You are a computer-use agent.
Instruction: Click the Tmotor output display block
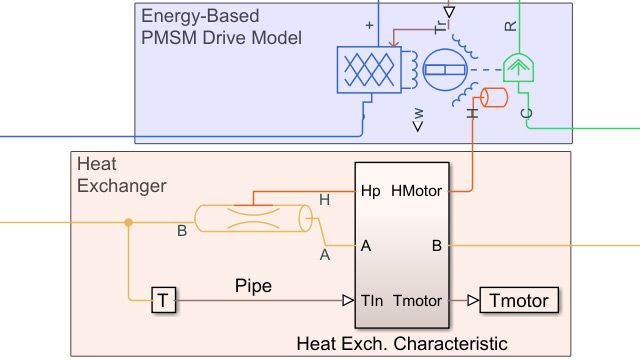pos(520,299)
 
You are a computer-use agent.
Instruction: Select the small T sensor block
pos(163,299)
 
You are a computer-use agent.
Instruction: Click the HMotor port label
pos(419,189)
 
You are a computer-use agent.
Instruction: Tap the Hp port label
pos(370,189)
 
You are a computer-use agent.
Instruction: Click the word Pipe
pos(253,285)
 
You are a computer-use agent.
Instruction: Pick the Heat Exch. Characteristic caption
pos(402,344)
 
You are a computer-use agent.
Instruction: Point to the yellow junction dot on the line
pos(128,221)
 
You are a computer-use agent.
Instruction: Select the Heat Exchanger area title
pos(121,174)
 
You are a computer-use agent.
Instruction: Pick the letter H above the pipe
pos(324,200)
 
